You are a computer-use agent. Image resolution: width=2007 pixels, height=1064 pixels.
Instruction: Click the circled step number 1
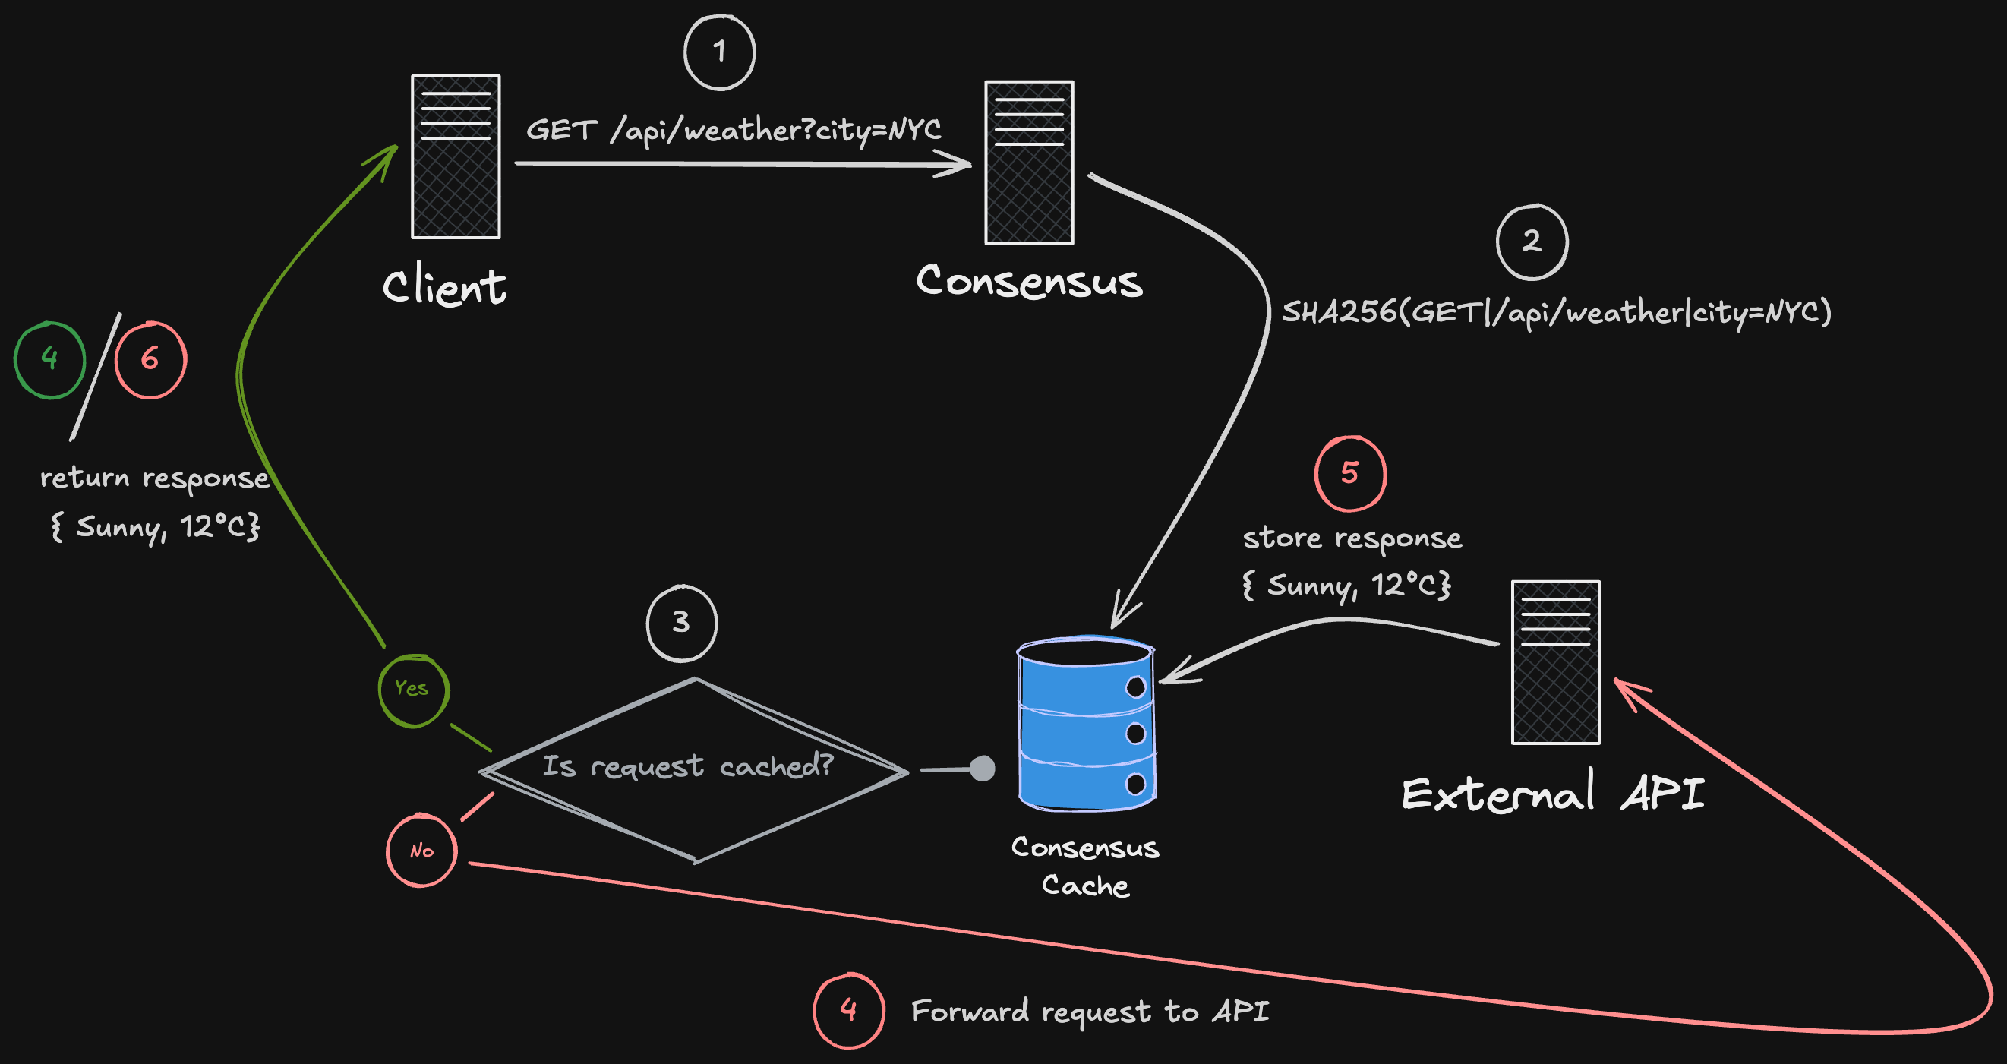click(x=719, y=52)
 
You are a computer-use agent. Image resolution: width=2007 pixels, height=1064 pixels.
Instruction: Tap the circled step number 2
click(x=1532, y=242)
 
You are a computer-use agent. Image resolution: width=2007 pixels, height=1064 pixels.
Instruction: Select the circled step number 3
click(x=682, y=623)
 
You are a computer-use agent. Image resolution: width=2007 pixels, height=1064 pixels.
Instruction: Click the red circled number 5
click(x=1350, y=473)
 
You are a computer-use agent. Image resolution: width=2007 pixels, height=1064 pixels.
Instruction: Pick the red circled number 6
click(x=150, y=359)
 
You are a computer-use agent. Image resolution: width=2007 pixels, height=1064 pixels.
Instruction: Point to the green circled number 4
click(x=50, y=359)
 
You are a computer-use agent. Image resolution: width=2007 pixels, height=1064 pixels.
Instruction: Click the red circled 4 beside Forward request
click(x=848, y=1010)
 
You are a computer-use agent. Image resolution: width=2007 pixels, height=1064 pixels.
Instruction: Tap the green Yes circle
click(x=413, y=690)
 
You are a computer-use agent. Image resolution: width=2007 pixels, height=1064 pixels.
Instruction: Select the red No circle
click(x=421, y=851)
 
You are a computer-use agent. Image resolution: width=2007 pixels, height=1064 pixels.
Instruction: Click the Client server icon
click(x=456, y=156)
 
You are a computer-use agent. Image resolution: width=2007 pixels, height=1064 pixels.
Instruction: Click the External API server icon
click(x=1555, y=661)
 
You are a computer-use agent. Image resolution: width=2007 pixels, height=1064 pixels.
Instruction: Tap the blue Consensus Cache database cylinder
click(x=1086, y=723)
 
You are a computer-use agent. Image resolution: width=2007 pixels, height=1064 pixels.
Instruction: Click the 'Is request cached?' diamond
click(x=693, y=768)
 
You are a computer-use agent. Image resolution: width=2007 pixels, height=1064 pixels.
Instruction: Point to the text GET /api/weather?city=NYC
click(x=733, y=130)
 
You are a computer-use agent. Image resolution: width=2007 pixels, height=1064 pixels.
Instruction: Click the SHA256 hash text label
click(x=1555, y=313)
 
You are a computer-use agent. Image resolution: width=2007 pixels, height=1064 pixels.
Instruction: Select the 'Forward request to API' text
click(x=1090, y=1011)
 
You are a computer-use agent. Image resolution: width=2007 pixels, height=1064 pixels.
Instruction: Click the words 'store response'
click(x=1352, y=538)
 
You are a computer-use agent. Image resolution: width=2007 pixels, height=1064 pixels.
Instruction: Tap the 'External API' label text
click(x=1552, y=794)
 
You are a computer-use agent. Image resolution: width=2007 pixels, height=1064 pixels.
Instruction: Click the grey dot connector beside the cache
click(x=983, y=769)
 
